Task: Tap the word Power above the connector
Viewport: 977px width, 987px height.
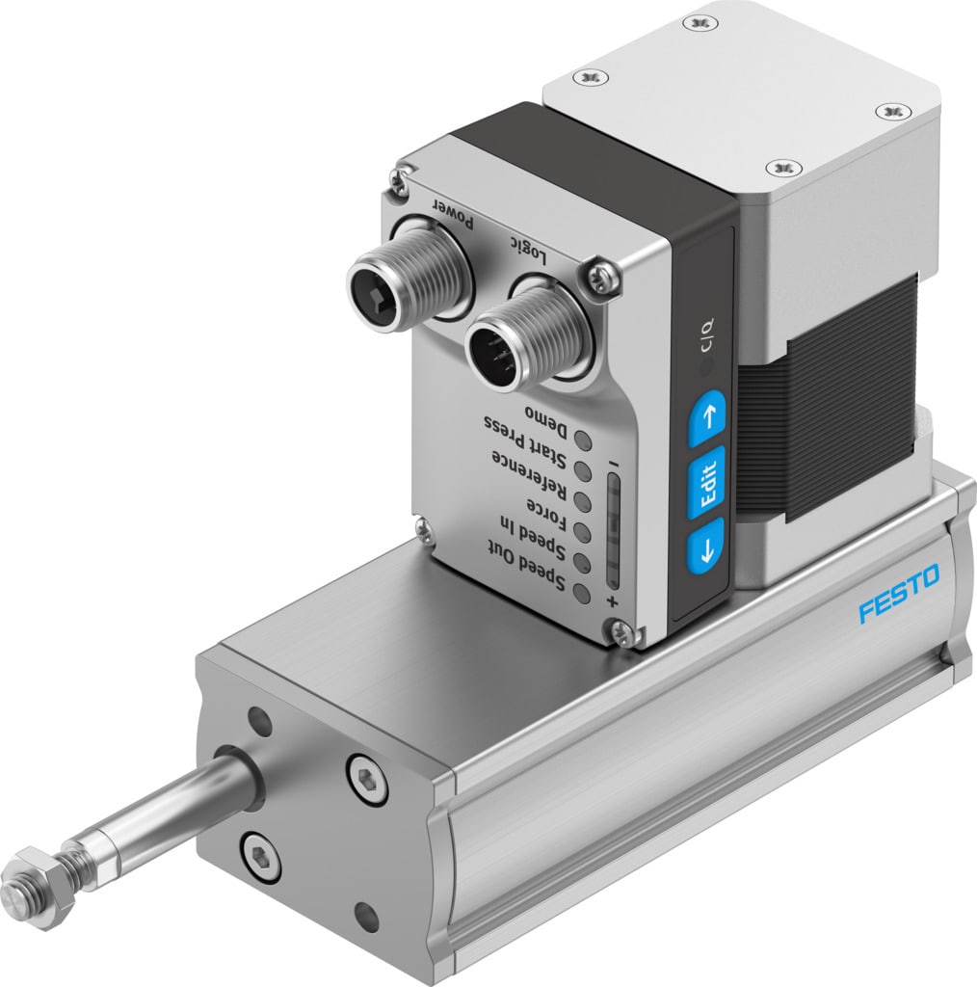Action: click(451, 211)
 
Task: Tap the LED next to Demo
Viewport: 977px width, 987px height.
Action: click(584, 440)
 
